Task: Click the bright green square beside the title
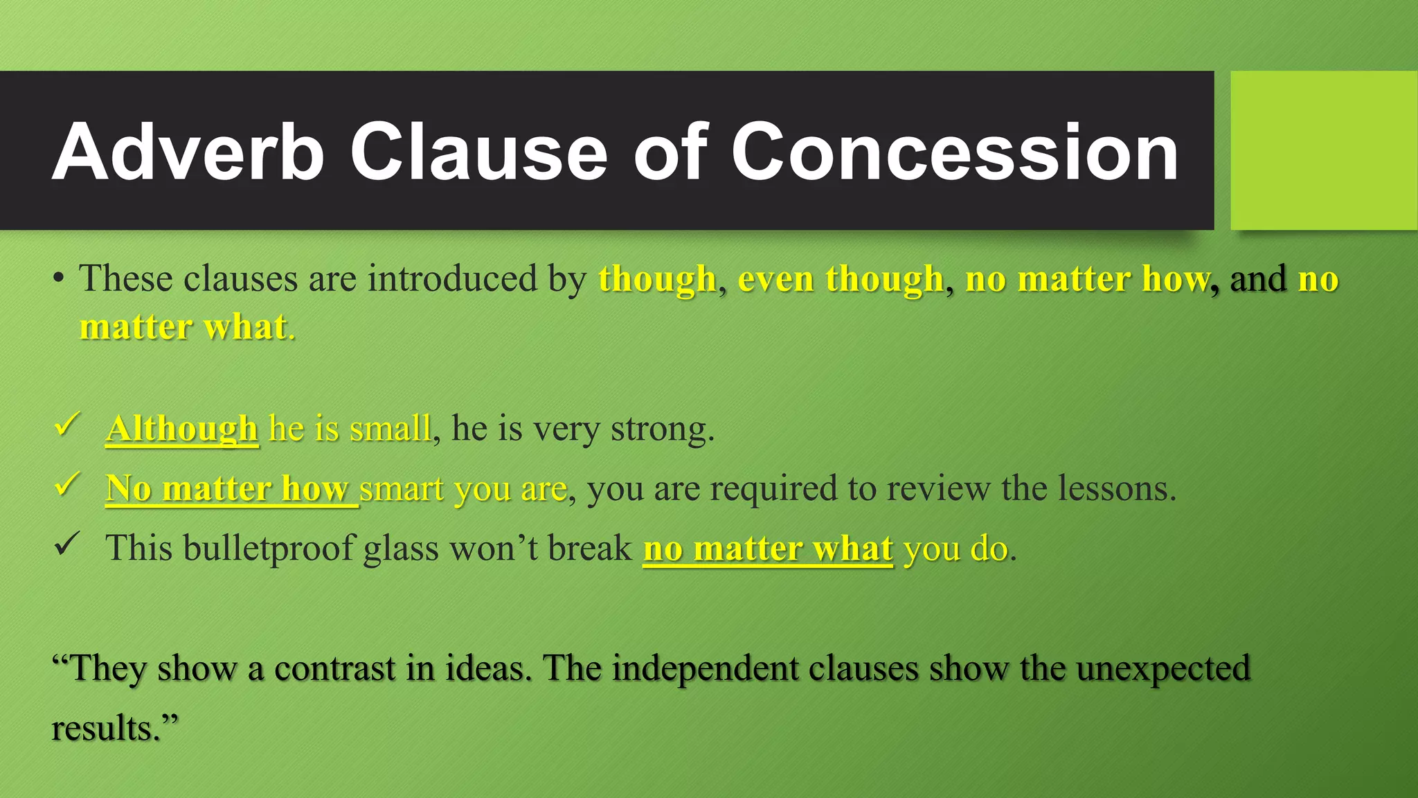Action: pyautogui.click(x=1324, y=150)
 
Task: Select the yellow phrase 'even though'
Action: pyautogui.click(x=841, y=279)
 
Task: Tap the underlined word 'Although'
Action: pyautogui.click(x=182, y=429)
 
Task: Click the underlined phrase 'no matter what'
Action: pyautogui.click(x=768, y=549)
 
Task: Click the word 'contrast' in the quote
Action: pyautogui.click(x=334, y=668)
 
